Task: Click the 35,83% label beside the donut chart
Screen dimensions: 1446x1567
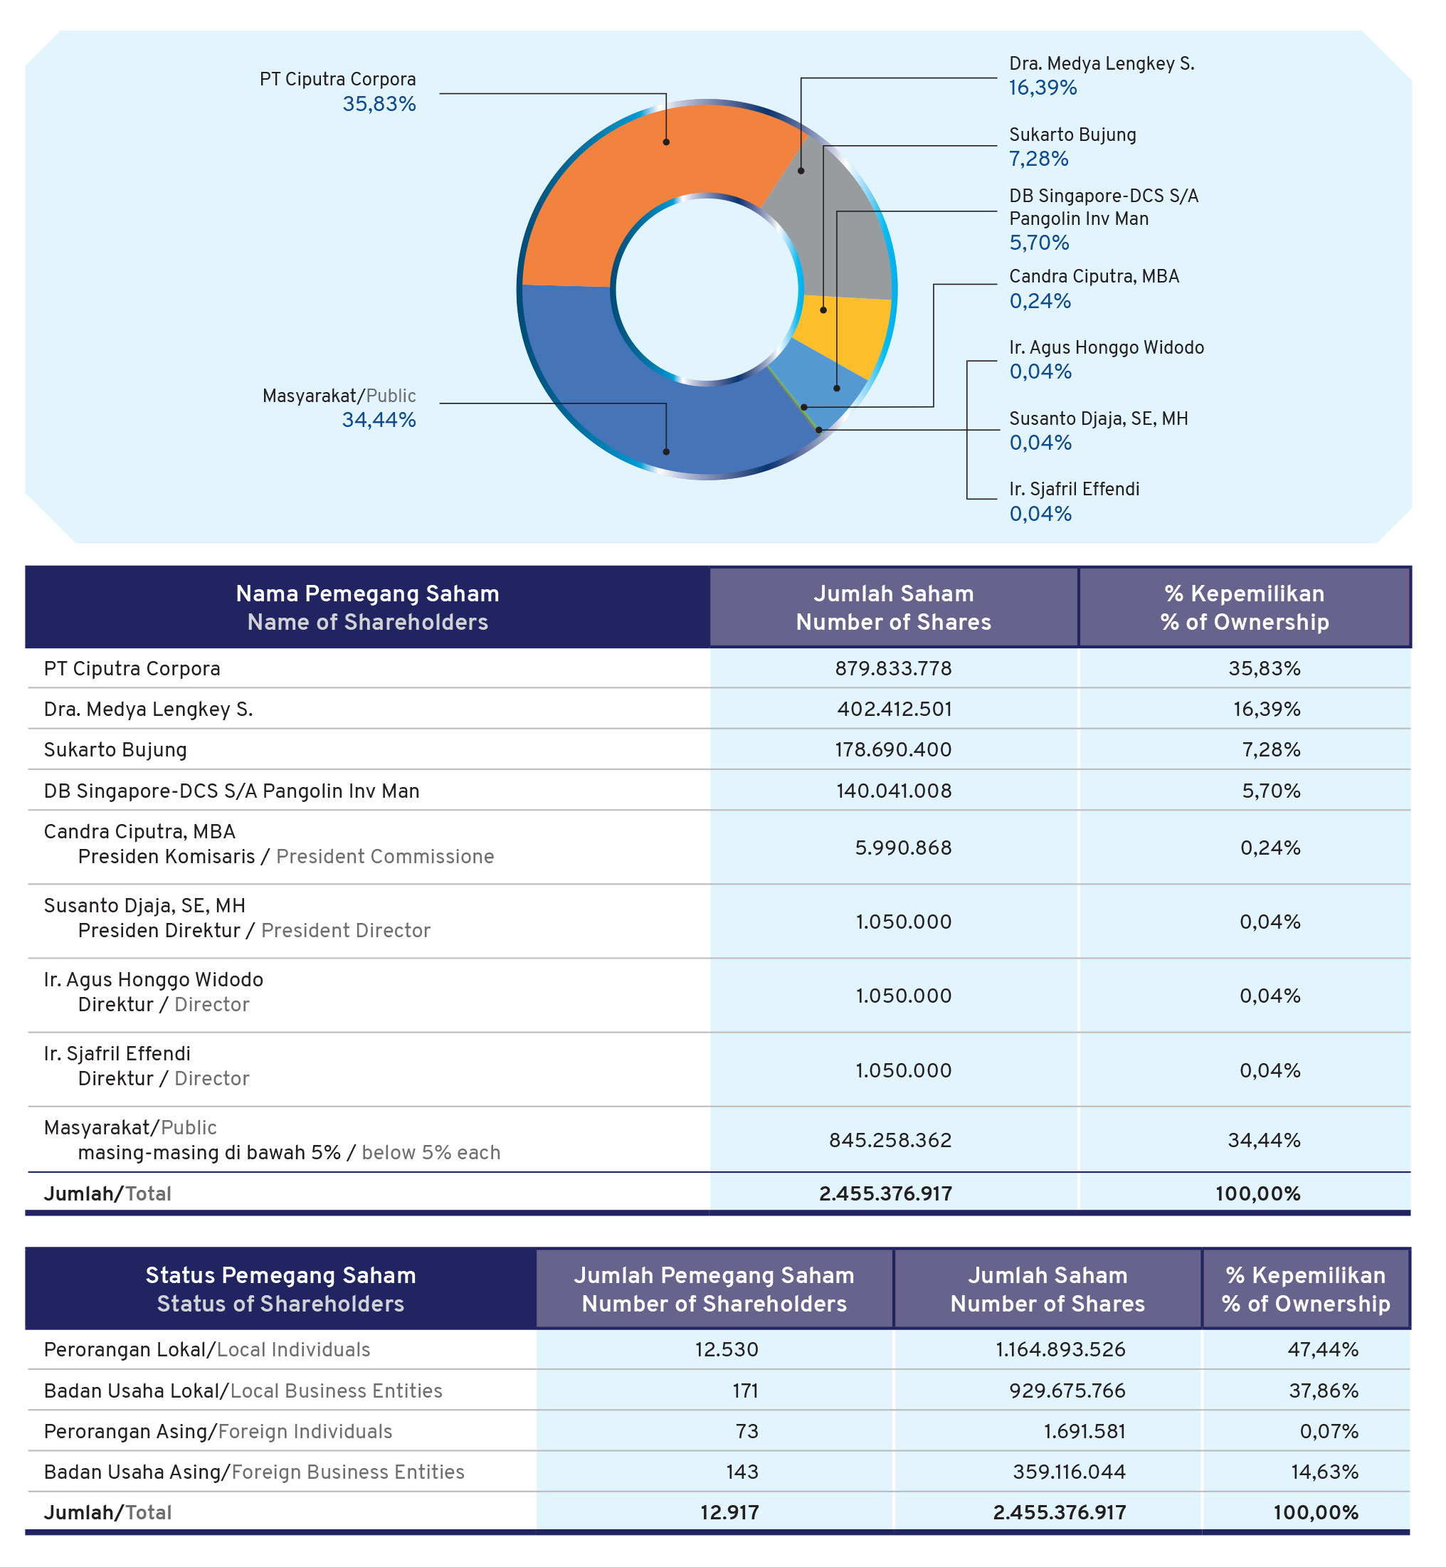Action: click(x=379, y=104)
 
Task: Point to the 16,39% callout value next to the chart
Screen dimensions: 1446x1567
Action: click(x=1043, y=88)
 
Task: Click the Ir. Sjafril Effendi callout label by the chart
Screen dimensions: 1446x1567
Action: click(x=1075, y=489)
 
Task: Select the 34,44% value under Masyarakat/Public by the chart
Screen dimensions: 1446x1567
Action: click(x=379, y=420)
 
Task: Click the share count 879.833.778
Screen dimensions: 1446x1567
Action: click(x=893, y=668)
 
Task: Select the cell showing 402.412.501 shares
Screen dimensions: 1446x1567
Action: click(x=894, y=709)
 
